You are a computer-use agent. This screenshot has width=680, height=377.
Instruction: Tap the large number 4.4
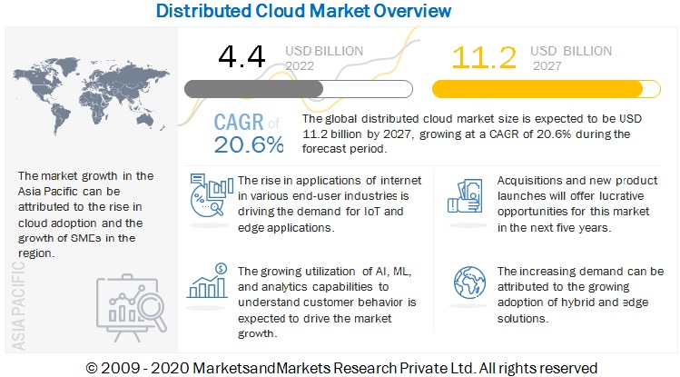point(241,58)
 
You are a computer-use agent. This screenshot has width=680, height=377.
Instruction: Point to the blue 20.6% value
point(249,144)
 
